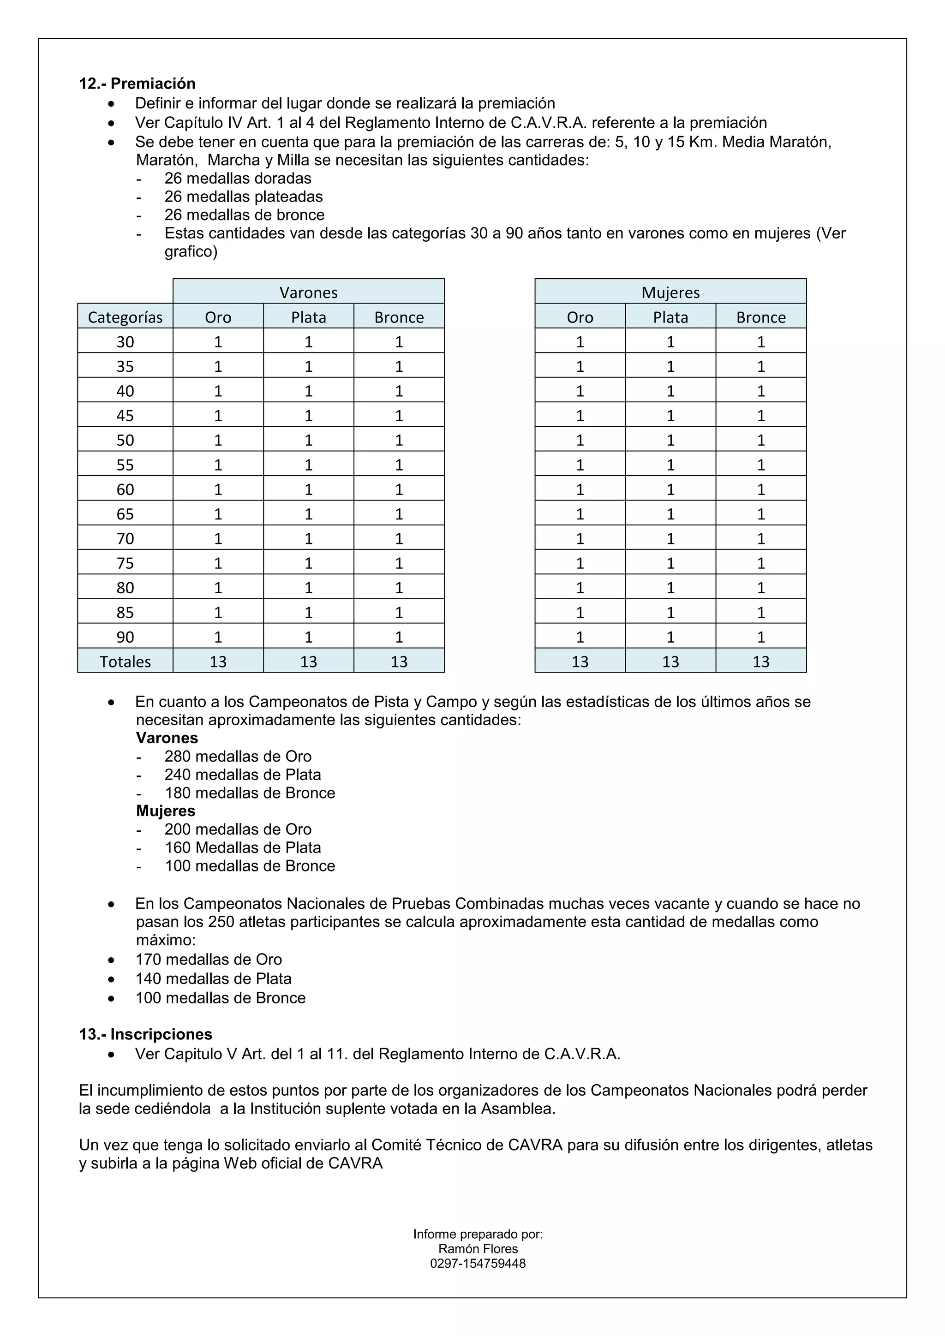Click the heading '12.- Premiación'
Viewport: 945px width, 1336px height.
(x=138, y=84)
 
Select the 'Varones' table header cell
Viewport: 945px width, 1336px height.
(x=308, y=292)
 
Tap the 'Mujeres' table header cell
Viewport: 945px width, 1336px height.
(x=670, y=292)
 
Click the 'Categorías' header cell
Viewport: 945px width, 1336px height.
(x=125, y=317)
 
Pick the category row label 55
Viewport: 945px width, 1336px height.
(x=125, y=465)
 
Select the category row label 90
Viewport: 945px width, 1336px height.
(x=125, y=637)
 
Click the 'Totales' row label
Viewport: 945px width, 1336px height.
(x=125, y=662)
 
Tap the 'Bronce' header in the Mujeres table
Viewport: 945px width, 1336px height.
(x=760, y=317)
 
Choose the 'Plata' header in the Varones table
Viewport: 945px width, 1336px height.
(x=308, y=317)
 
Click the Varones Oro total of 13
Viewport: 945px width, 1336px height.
(x=218, y=662)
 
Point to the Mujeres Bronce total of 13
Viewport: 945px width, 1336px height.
(x=760, y=662)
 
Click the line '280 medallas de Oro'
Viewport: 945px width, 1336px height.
(x=238, y=757)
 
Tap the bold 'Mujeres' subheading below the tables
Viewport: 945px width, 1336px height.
(x=166, y=811)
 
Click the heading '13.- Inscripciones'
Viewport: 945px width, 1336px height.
(x=145, y=1034)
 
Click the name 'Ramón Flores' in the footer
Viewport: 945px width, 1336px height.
(x=478, y=1249)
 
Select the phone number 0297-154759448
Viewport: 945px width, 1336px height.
(x=478, y=1263)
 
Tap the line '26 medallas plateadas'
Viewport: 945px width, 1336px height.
(x=243, y=197)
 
